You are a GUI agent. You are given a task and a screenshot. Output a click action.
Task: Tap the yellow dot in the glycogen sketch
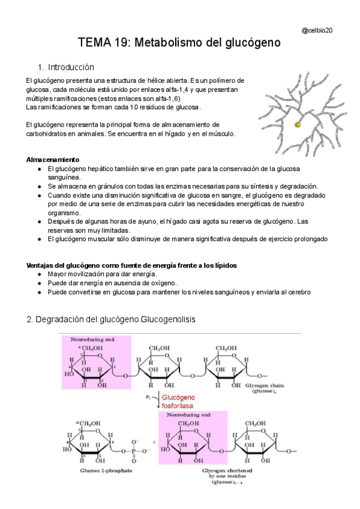point(298,125)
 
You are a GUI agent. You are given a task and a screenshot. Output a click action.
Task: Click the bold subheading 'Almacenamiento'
point(53,160)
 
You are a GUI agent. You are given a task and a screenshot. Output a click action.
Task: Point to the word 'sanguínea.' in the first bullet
point(63,177)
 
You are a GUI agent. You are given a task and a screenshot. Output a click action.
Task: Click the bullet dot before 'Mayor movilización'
point(40,274)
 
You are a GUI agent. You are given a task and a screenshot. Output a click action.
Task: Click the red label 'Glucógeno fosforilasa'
point(177,402)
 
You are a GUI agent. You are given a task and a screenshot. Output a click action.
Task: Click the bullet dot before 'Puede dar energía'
point(40,283)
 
